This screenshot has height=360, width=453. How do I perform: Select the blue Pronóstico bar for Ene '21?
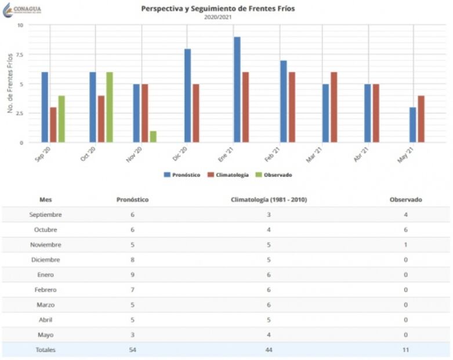(x=237, y=89)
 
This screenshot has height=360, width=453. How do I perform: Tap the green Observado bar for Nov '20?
(x=153, y=136)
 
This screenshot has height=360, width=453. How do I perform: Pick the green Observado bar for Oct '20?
(x=109, y=107)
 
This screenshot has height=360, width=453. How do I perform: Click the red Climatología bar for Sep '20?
(x=53, y=124)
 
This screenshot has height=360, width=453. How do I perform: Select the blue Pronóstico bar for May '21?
(x=412, y=124)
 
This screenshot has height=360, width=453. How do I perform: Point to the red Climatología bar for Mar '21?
(x=334, y=107)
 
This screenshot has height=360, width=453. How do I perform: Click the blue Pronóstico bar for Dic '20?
(x=187, y=95)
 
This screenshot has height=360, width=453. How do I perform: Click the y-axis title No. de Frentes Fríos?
(x=10, y=83)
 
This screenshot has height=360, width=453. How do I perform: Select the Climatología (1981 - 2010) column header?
(x=269, y=199)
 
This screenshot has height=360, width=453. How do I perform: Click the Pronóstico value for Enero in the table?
(x=133, y=275)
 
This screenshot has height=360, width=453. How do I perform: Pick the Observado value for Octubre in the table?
(x=405, y=229)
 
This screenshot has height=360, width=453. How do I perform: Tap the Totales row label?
(x=46, y=350)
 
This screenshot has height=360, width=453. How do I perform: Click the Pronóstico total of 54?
(x=133, y=350)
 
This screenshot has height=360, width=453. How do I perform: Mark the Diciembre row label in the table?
(x=46, y=260)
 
